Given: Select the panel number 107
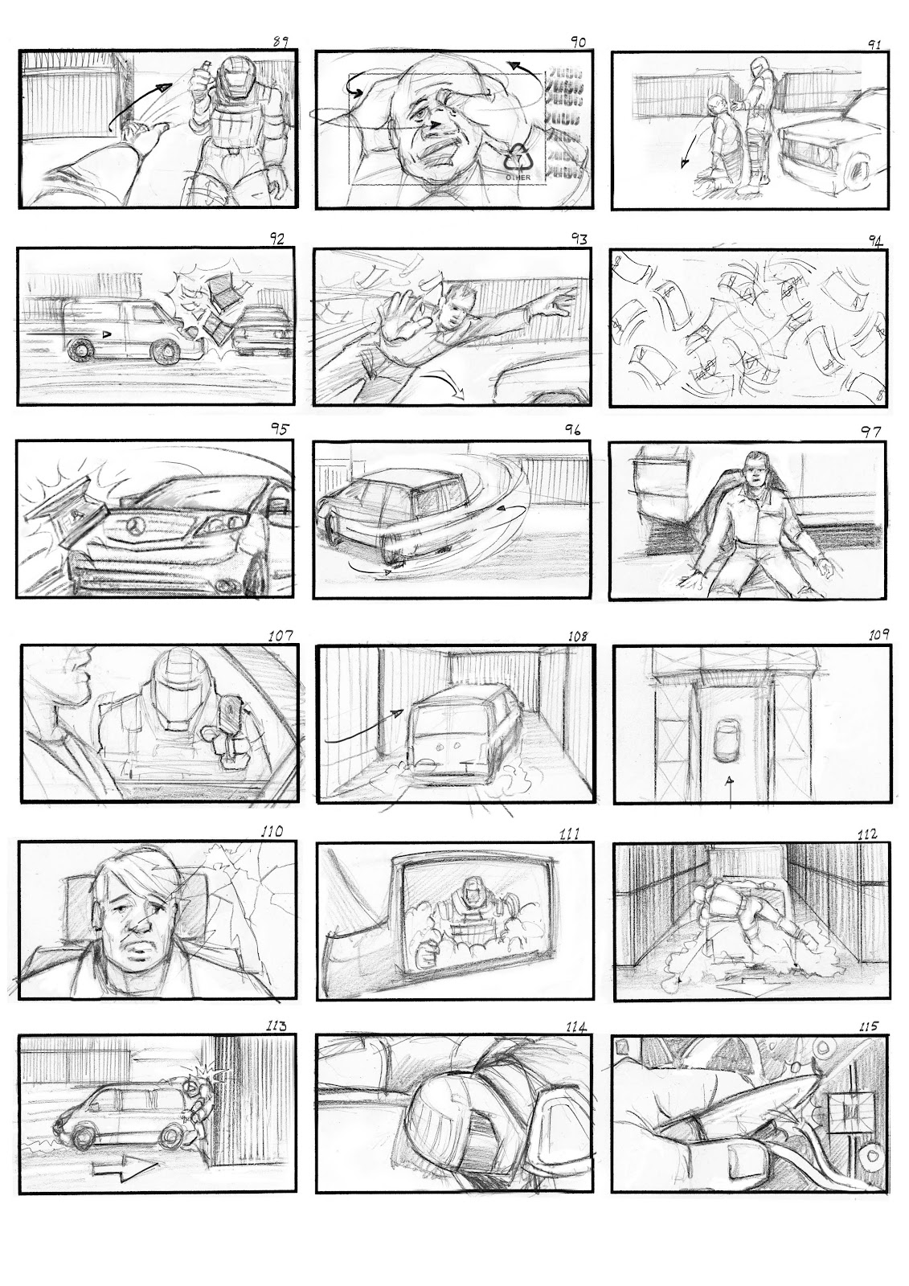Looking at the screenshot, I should [281, 635].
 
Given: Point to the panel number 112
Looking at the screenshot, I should [878, 833].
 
